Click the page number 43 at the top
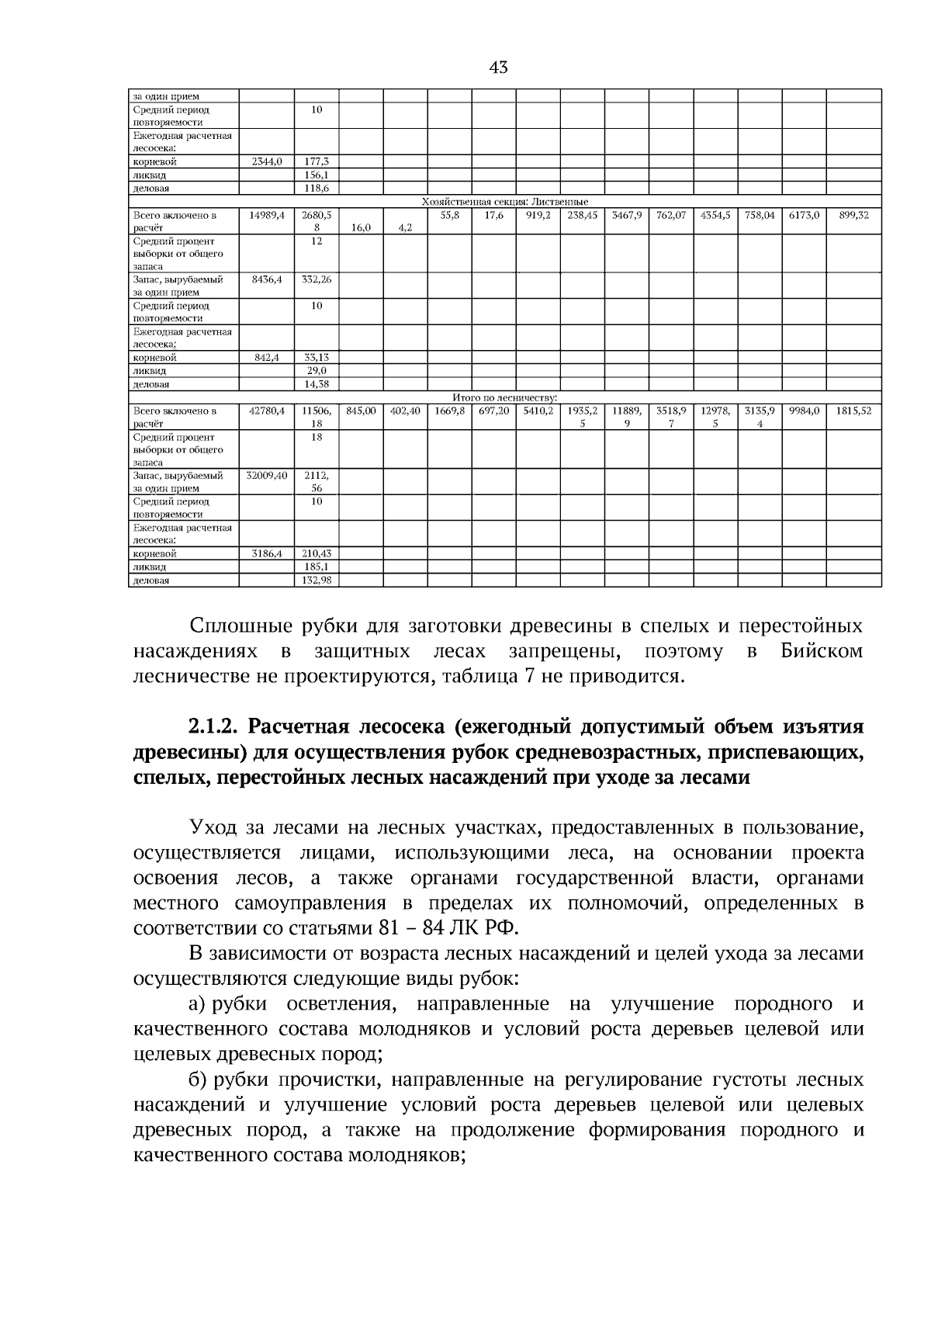click(x=499, y=68)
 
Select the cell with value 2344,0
click(x=267, y=162)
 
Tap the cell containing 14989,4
click(x=267, y=215)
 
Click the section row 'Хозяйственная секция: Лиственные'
click(x=504, y=202)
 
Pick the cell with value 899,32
click(x=853, y=215)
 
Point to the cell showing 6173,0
click(x=804, y=215)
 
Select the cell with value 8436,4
click(x=267, y=279)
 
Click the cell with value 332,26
click(x=317, y=279)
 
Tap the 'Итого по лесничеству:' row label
click(x=504, y=397)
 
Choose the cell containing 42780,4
click(x=267, y=411)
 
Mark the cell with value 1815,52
click(x=853, y=411)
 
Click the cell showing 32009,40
click(x=267, y=475)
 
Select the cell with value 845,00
click(x=361, y=411)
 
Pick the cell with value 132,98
click(x=317, y=581)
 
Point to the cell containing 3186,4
click(x=267, y=554)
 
